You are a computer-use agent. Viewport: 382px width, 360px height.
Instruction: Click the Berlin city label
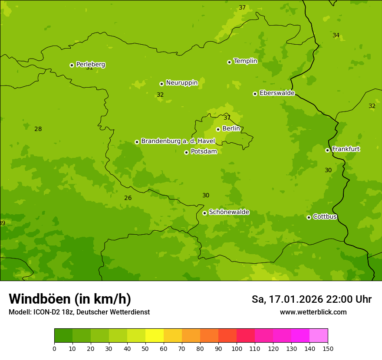(x=231, y=128)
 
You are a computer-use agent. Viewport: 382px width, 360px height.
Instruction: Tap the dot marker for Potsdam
(x=186, y=152)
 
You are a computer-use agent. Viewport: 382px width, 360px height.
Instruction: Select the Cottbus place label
(x=325, y=216)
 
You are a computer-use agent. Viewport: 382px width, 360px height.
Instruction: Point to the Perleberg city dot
(x=72, y=65)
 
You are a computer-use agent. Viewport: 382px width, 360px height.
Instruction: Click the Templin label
(x=245, y=61)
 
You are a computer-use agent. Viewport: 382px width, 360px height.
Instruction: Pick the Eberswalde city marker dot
(x=255, y=94)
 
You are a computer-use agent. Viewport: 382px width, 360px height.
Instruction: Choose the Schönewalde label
(x=229, y=212)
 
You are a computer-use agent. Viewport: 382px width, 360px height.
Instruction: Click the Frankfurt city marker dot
(x=327, y=150)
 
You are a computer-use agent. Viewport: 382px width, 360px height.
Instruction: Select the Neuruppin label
(x=181, y=83)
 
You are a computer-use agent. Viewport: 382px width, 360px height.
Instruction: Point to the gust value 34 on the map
(x=336, y=35)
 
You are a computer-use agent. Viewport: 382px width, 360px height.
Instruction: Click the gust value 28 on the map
(x=38, y=129)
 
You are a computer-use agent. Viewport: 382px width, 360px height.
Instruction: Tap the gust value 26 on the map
(x=128, y=198)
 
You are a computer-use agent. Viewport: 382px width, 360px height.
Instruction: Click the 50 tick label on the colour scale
(x=145, y=348)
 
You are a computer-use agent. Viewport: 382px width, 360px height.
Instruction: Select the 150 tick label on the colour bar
(x=328, y=348)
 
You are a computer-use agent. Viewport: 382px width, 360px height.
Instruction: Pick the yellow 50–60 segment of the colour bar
(x=155, y=336)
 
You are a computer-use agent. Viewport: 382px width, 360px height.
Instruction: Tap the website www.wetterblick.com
(x=313, y=312)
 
